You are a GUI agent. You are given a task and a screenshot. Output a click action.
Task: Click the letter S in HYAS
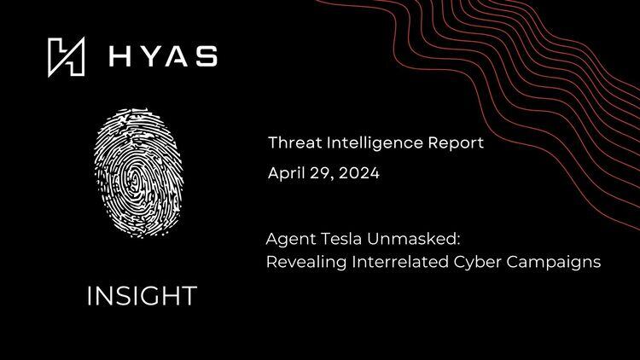[206, 57]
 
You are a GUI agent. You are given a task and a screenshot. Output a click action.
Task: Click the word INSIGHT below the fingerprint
[141, 296]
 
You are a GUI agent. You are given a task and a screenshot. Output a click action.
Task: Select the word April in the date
[286, 173]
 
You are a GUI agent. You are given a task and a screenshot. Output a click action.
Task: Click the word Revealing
[303, 262]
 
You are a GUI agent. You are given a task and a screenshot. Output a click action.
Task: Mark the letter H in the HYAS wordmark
[119, 57]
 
